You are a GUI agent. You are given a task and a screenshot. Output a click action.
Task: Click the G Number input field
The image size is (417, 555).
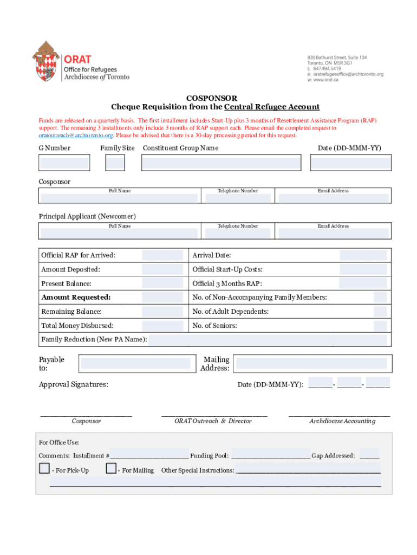click(64, 163)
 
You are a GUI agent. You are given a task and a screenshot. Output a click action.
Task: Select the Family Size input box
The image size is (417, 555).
click(115, 163)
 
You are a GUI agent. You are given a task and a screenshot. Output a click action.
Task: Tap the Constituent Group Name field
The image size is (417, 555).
click(221, 163)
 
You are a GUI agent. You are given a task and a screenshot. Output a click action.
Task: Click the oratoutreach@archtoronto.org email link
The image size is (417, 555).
click(76, 135)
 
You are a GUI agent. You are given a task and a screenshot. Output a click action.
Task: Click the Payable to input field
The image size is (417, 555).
click(138, 363)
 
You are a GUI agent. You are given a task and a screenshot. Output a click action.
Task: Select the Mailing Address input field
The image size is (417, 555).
click(311, 363)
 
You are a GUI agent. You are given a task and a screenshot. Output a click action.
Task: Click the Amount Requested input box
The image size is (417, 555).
click(162, 298)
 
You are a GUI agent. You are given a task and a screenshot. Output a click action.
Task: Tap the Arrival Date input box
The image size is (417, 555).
click(363, 255)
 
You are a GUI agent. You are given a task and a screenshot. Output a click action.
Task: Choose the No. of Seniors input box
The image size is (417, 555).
click(381, 326)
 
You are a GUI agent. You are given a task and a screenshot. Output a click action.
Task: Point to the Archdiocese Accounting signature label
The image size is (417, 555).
click(342, 421)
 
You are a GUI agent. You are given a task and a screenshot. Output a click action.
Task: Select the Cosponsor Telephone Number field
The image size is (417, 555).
click(237, 198)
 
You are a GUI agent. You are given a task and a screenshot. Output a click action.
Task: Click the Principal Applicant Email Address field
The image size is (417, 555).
click(333, 233)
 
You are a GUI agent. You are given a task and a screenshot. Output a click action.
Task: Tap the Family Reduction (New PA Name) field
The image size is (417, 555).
click(268, 340)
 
